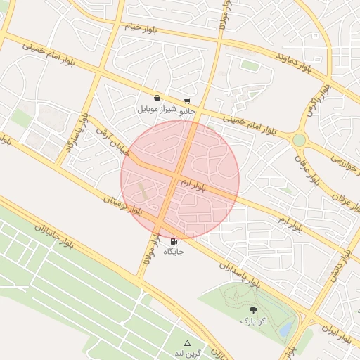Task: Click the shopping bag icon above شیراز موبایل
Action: click(x=156, y=99)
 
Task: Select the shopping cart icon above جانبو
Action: click(x=187, y=101)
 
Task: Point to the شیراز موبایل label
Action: click(x=154, y=110)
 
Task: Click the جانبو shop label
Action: click(x=186, y=111)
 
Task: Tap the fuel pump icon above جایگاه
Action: click(x=174, y=240)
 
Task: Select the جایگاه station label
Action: click(x=174, y=251)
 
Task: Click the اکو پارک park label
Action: click(x=253, y=321)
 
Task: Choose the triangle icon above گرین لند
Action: click(x=187, y=342)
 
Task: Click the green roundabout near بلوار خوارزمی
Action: click(x=300, y=140)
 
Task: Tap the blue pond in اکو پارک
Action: click(x=285, y=329)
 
